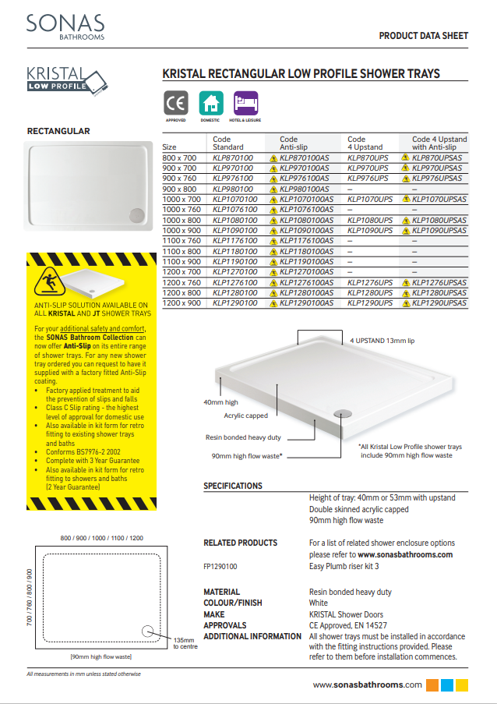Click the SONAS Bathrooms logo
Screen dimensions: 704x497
65,27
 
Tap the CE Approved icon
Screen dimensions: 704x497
175,103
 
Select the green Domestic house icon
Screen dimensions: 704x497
210,103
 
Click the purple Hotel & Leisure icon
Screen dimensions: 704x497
246,103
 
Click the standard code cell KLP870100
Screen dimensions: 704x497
233,157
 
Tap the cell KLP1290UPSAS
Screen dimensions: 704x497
439,302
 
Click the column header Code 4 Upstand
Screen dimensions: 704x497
366,143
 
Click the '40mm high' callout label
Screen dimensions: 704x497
220,402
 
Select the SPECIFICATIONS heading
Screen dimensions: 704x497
233,486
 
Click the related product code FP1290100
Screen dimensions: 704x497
220,567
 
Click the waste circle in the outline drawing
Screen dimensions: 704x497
148,631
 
